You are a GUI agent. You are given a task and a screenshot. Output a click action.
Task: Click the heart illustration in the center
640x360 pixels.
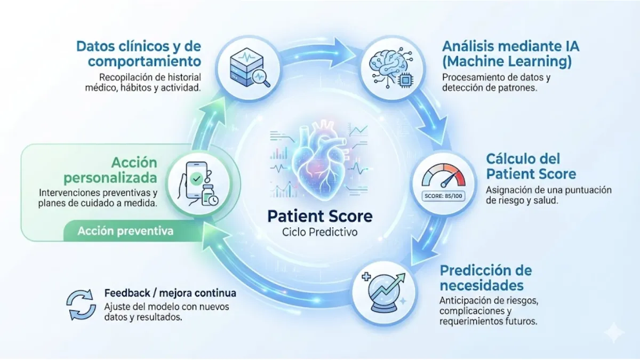coord(319,161)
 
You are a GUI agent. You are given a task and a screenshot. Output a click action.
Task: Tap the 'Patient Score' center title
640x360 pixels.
coord(319,216)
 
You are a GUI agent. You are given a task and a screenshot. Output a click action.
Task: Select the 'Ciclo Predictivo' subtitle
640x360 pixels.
coord(319,233)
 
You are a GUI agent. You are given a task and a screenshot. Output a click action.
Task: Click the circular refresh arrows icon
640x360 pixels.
coord(81,305)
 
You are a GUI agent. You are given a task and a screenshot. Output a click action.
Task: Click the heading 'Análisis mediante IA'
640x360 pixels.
coord(510,46)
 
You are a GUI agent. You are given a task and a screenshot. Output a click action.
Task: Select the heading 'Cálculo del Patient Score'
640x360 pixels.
coord(531,166)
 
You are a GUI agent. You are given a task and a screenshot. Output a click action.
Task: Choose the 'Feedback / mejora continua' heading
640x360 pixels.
coord(170,293)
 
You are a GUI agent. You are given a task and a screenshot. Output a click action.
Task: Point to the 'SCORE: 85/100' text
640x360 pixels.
coord(443,195)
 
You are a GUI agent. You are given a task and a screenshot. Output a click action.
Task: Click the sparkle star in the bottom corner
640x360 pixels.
coord(614,332)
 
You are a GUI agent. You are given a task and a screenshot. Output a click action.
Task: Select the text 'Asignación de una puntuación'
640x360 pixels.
coord(548,190)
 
